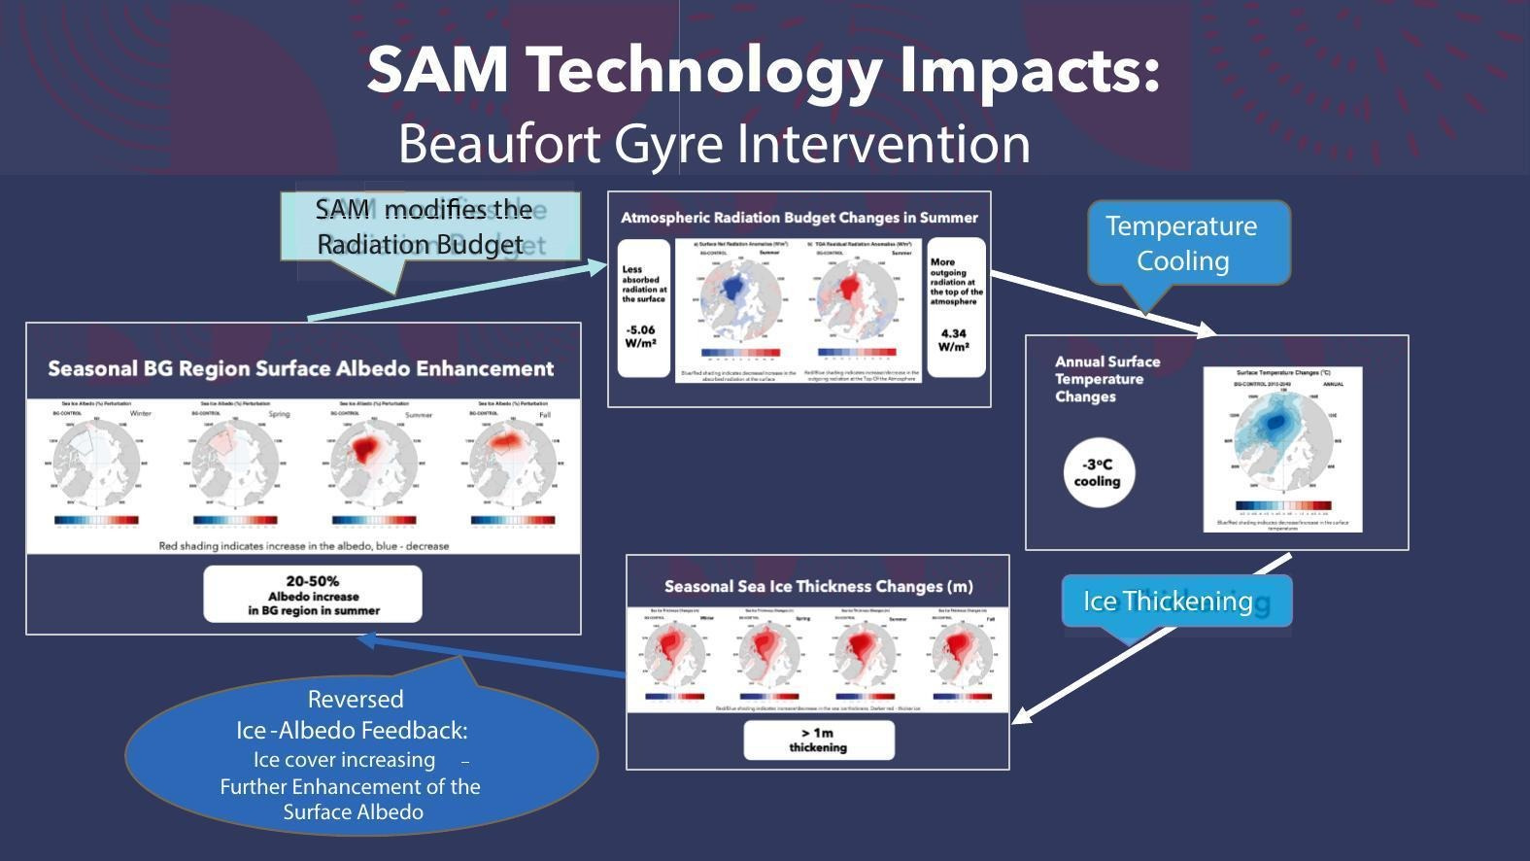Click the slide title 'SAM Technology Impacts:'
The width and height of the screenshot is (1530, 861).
click(764, 70)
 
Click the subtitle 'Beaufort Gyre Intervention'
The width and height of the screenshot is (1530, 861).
click(714, 144)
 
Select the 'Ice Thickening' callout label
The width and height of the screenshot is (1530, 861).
click(1175, 601)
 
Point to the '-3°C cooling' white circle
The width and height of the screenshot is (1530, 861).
click(1099, 473)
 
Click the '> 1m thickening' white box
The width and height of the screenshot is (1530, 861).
click(818, 740)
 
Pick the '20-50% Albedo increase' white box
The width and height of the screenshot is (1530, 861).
click(313, 595)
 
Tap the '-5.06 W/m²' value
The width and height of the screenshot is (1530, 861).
click(642, 336)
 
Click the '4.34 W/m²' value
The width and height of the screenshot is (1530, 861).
click(955, 340)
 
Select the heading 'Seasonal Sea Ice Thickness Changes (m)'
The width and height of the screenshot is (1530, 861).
click(818, 586)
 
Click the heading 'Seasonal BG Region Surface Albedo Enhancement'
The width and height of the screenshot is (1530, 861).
click(301, 369)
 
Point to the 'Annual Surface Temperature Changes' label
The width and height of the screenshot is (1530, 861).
click(1107, 379)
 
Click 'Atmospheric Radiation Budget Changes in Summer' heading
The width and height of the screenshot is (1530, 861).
click(799, 218)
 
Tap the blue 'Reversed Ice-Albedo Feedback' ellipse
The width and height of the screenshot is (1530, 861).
click(359, 755)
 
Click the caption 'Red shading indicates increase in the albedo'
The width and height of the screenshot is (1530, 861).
click(303, 546)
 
